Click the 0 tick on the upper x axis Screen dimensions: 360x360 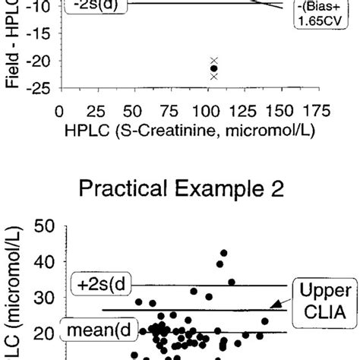click(59, 109)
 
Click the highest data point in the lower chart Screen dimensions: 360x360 click(224, 253)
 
